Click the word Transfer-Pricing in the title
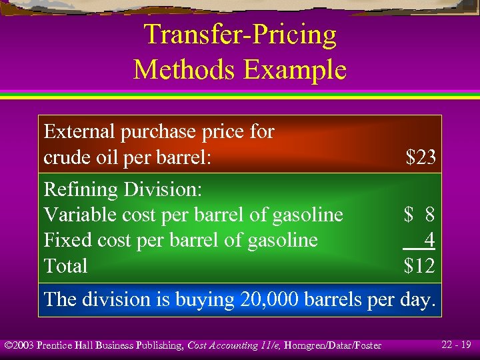tap(240, 35)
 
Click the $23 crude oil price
tap(421, 157)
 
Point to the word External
tap(79, 131)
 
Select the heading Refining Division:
tap(123, 189)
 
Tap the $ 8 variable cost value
tap(419, 215)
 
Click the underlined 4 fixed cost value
tap(429, 239)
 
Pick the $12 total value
tap(420, 266)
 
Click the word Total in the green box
tap(65, 266)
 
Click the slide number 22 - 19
tap(456, 345)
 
